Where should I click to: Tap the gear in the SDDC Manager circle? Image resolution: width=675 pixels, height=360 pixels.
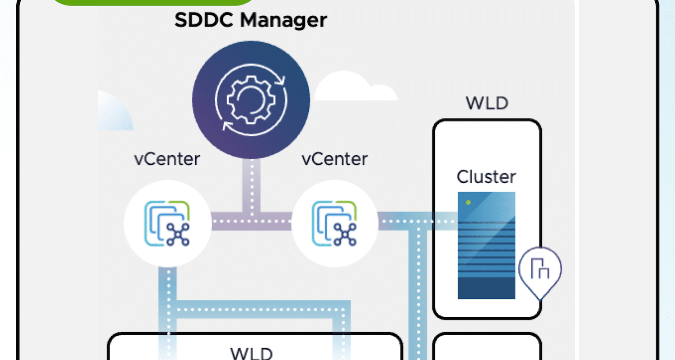251,100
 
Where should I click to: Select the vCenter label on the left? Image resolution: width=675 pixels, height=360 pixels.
167,159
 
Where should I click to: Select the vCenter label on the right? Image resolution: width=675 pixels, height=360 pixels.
334,159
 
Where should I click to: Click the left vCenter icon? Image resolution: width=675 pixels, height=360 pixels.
167,224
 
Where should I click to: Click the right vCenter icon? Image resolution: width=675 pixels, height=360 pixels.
334,224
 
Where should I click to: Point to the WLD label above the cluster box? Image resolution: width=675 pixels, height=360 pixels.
487,103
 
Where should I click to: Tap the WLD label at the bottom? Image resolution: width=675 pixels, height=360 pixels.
251,353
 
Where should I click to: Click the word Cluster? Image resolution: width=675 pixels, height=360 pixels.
486,176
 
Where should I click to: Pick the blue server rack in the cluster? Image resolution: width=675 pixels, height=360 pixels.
486,245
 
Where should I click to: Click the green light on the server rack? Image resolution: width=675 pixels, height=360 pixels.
468,202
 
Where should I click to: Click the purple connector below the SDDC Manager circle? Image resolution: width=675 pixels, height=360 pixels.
251,185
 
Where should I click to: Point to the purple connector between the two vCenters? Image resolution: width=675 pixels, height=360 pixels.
251,221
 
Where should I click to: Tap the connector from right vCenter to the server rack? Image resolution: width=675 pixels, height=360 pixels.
418,221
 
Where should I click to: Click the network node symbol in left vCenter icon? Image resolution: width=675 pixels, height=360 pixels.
178,234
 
